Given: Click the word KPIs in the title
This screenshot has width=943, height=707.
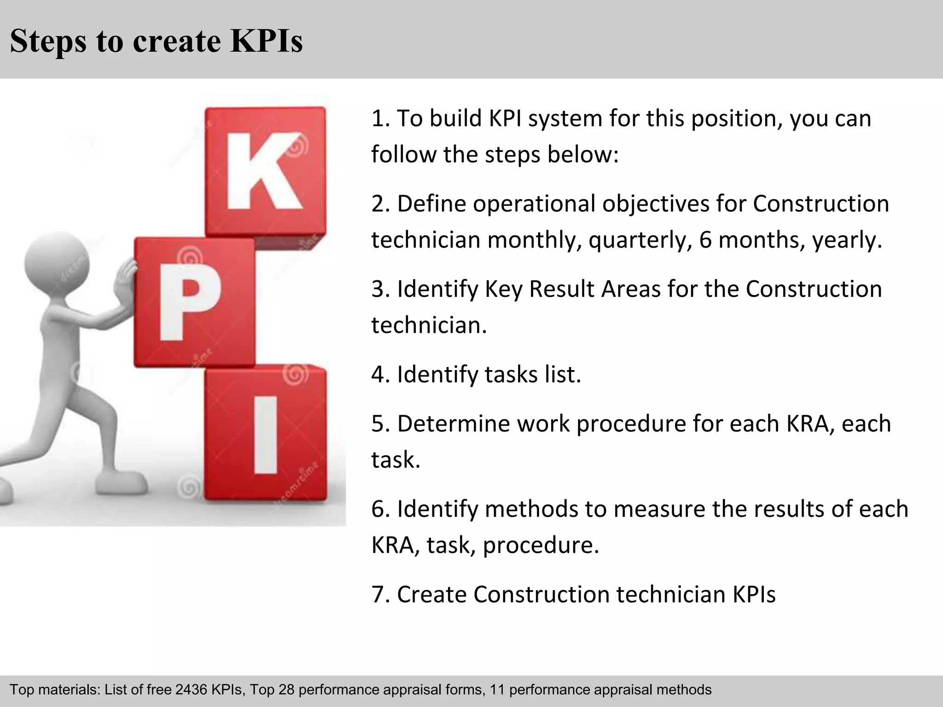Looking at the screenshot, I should [x=266, y=41].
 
